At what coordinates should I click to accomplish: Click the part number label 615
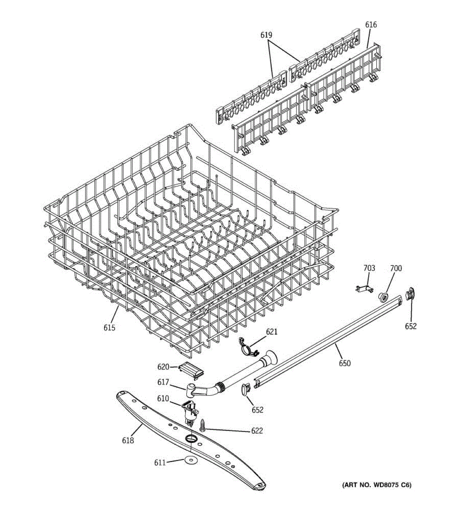[109, 328]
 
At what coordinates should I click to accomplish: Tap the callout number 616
[371, 25]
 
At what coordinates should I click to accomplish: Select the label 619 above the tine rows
[266, 35]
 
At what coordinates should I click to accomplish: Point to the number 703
[369, 268]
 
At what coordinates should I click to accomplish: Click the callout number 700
[396, 268]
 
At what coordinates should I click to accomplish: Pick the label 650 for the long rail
[344, 363]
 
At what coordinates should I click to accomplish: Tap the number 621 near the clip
[271, 332]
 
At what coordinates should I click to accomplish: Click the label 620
[163, 367]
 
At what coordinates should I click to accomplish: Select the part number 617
[163, 383]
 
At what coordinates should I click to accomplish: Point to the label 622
[257, 431]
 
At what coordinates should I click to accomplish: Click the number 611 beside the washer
[160, 462]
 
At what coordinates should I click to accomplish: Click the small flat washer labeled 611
[188, 460]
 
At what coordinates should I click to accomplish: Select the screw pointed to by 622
[203, 425]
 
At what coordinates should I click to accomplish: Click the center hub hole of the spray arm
[192, 439]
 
